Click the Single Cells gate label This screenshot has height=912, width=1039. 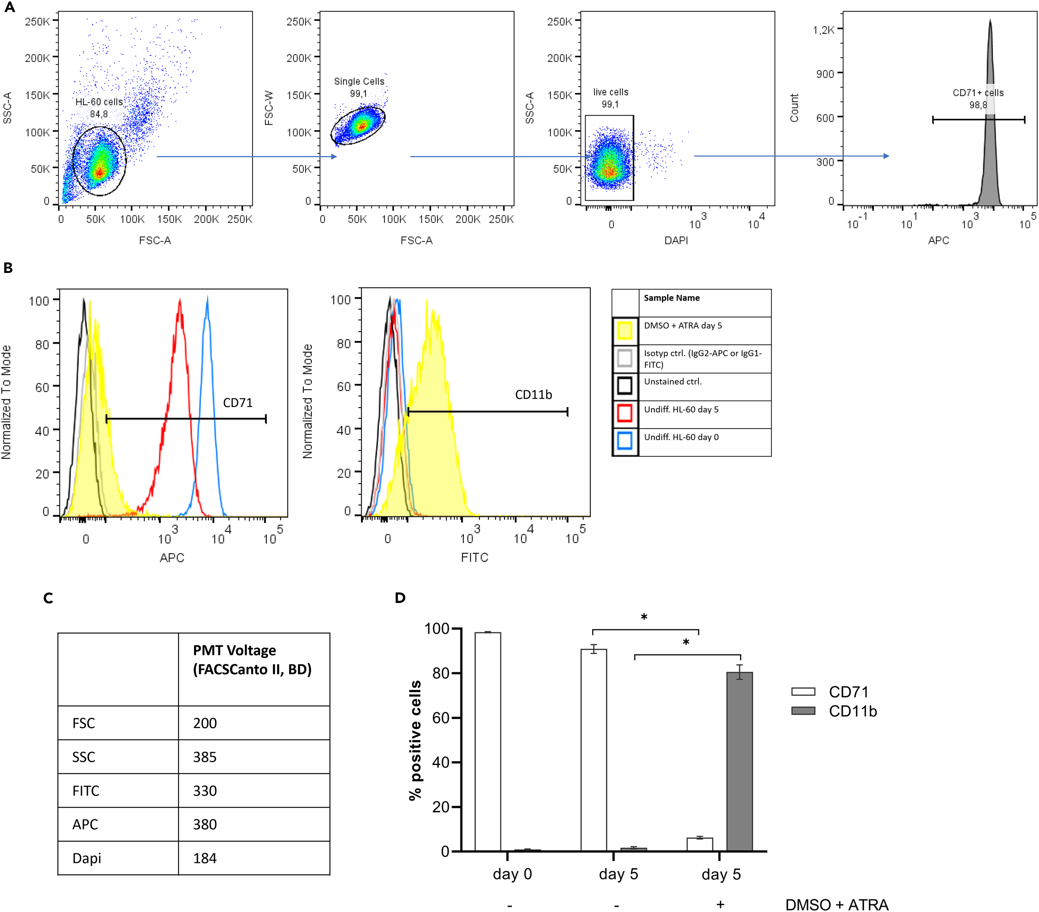pos(359,81)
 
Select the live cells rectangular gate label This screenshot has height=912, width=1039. pos(611,92)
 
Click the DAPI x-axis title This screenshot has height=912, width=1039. pos(676,240)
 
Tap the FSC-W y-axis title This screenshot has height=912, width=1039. pos(269,108)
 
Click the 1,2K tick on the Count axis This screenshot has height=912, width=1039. pos(824,30)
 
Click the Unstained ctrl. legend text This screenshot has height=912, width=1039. pos(673,382)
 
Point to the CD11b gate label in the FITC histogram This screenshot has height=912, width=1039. pos(533,395)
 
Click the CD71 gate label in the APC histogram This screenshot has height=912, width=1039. pos(237,403)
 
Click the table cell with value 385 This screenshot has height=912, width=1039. pos(205,757)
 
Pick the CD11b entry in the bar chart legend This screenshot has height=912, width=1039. pos(853,711)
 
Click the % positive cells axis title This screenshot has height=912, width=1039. pos(415,740)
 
